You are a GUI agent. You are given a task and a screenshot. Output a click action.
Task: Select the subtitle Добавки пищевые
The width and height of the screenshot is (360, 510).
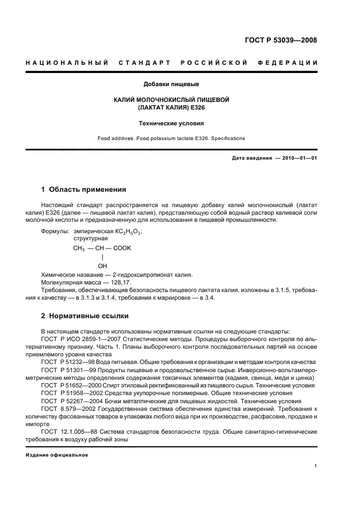point(171,84)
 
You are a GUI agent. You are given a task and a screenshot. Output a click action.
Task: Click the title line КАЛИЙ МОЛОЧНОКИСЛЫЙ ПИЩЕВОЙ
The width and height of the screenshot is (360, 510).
point(171,100)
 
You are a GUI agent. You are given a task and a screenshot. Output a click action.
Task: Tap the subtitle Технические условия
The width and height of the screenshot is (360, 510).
point(171,124)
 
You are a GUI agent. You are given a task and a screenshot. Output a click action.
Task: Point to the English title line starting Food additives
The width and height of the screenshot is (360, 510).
point(171,138)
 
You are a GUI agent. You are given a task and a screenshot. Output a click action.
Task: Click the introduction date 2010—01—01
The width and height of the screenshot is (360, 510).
point(299,158)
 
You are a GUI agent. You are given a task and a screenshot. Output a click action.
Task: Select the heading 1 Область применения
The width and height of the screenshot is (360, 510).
point(84,190)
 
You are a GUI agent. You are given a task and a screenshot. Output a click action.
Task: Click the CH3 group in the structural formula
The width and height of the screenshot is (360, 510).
point(80,248)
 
